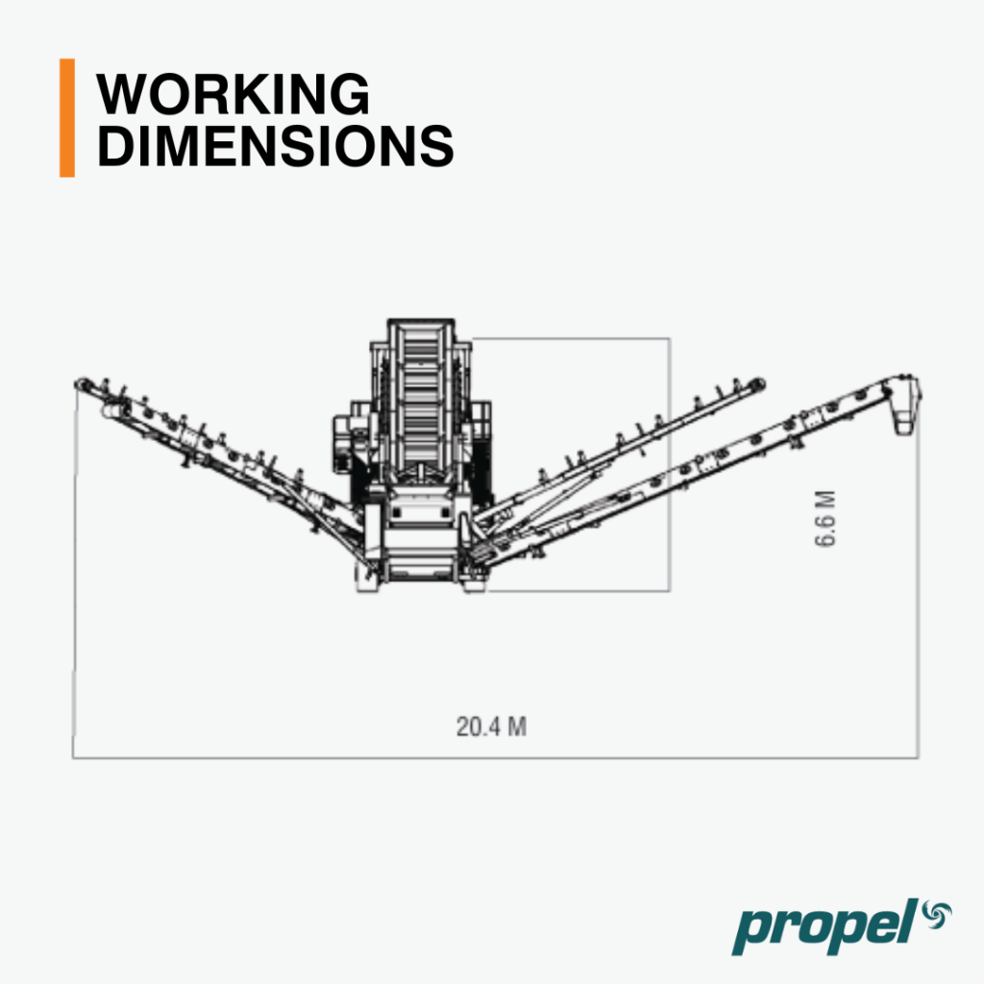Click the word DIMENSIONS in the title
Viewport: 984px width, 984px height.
coord(275,146)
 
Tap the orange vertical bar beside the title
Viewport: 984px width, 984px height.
coord(67,118)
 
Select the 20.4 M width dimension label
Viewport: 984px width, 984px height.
coord(491,726)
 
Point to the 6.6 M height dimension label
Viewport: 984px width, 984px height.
coord(825,518)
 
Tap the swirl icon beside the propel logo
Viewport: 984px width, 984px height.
coord(937,915)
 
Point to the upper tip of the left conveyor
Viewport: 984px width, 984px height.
coord(81,384)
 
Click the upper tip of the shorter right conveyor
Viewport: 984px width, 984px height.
coord(757,383)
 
